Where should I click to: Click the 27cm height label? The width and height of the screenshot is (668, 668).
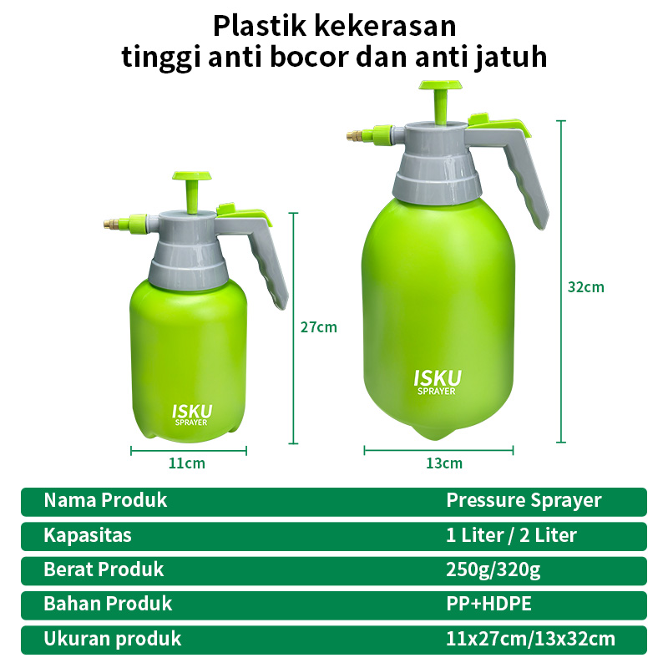click(x=319, y=327)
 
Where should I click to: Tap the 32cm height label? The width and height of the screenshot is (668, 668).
click(x=586, y=287)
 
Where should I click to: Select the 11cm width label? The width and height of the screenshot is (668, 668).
click(x=186, y=463)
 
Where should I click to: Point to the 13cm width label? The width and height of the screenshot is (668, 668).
click(x=444, y=463)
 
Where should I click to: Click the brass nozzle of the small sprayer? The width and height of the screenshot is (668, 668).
click(x=111, y=224)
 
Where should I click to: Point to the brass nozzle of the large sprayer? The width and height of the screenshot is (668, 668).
click(x=355, y=136)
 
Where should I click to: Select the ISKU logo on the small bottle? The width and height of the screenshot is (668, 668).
click(x=192, y=414)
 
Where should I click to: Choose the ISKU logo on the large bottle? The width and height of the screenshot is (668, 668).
click(x=438, y=382)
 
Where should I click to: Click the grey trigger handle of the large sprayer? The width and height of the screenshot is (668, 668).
click(x=515, y=170)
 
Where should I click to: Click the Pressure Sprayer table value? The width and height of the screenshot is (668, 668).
click(x=524, y=500)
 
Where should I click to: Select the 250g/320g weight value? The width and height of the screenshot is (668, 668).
click(x=493, y=570)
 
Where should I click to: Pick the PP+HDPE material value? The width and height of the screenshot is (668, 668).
click(x=488, y=604)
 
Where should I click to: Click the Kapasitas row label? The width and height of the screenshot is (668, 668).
click(x=88, y=535)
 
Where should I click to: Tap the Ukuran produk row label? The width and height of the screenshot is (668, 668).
click(x=113, y=639)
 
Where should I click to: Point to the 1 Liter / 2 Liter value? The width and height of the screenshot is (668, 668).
click(x=511, y=535)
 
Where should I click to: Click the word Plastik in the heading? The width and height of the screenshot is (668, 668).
click(x=260, y=26)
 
